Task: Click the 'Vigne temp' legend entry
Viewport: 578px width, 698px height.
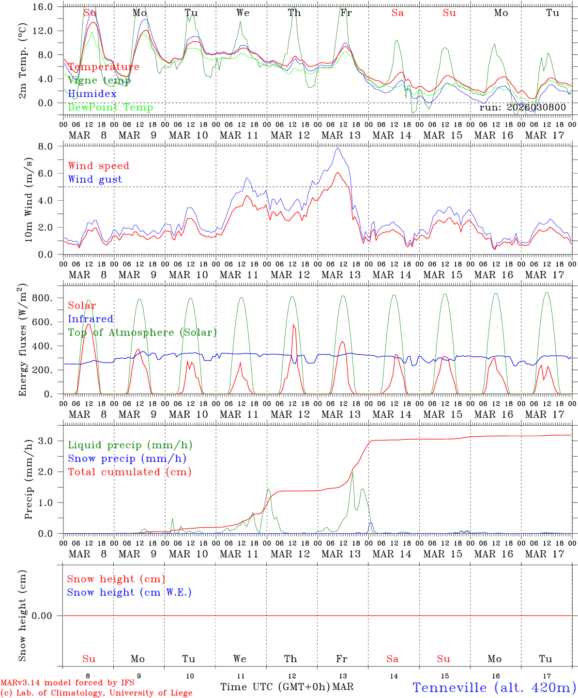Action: (99, 80)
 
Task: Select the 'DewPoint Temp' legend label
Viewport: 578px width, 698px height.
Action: (110, 107)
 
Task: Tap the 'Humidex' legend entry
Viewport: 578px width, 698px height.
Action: (92, 94)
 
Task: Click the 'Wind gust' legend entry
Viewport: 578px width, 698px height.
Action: (95, 179)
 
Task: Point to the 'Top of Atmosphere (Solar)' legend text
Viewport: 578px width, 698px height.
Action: (142, 333)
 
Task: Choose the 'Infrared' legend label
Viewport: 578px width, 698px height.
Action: (91, 319)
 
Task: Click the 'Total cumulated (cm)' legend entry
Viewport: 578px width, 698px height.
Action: (129, 472)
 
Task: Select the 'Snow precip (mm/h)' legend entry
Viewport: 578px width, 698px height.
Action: (127, 459)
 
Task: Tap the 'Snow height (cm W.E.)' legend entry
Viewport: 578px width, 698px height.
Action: (129, 592)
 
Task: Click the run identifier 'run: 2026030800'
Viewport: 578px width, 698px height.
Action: (522, 108)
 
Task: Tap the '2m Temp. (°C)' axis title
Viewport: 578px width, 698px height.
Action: (22, 61)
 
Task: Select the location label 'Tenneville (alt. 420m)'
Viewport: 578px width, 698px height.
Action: (494, 687)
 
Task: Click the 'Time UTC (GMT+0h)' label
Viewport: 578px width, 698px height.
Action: (275, 687)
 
